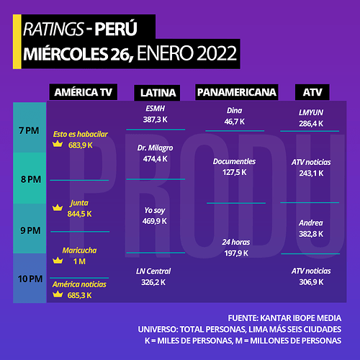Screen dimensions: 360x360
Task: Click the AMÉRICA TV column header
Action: click(84, 92)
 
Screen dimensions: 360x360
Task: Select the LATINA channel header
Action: click(157, 93)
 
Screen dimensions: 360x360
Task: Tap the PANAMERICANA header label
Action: click(237, 92)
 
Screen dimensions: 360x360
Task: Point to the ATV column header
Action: click(312, 92)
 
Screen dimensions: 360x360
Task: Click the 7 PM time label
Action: click(29, 130)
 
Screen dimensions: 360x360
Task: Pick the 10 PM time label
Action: click(30, 279)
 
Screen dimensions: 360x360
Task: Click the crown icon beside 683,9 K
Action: click(58, 144)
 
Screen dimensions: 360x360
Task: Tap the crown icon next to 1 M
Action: click(58, 260)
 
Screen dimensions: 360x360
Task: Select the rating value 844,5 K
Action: click(79, 214)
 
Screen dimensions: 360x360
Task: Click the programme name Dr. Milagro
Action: click(155, 148)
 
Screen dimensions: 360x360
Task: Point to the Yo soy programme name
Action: click(155, 210)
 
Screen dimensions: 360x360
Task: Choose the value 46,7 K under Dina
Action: click(235, 122)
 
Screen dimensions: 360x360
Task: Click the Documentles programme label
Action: click(234, 161)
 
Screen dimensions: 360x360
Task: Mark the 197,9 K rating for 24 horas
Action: click(236, 253)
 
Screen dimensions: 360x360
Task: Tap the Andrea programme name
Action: click(311, 223)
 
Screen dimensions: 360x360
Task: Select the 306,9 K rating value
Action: click(311, 282)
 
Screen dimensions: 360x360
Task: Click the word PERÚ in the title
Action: click(116, 29)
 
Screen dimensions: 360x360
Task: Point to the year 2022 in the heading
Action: click(217, 53)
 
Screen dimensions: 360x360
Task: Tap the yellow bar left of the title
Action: click(17, 42)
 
